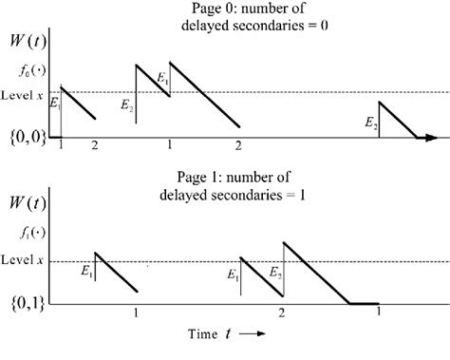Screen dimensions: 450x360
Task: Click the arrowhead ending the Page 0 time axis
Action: tap(432, 138)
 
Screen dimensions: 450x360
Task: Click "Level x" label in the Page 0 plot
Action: tap(23, 93)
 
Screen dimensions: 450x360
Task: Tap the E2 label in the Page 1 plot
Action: tap(274, 274)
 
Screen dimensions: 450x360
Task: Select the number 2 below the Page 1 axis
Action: tap(282, 313)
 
